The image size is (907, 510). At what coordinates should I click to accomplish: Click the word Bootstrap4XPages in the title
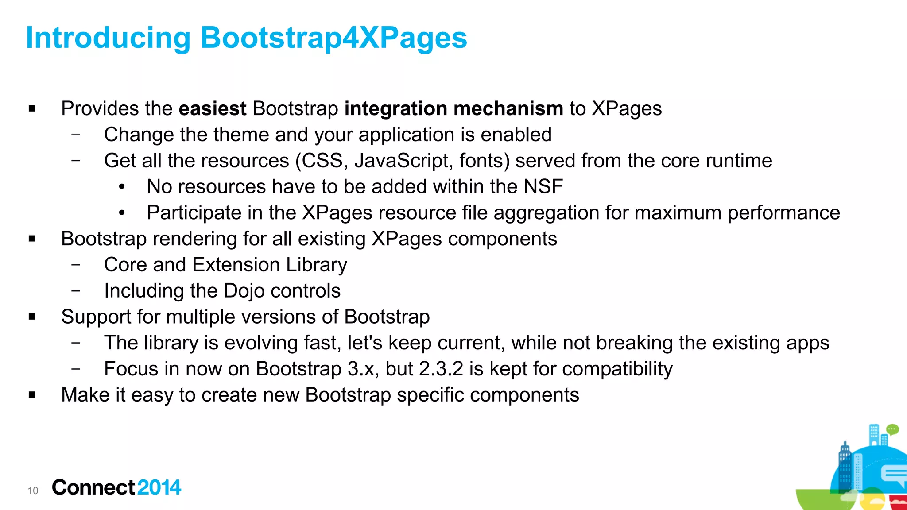[x=333, y=38]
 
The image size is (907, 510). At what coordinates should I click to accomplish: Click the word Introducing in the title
[x=108, y=38]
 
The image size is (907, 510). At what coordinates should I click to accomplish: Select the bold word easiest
[x=213, y=108]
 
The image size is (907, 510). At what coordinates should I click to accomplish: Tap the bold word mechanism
[x=508, y=108]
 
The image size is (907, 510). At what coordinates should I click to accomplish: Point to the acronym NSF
[x=543, y=187]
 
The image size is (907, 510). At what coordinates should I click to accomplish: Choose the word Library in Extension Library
[x=316, y=265]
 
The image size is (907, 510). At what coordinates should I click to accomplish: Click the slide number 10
[x=33, y=491]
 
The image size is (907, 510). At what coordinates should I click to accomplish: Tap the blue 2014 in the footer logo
[x=159, y=487]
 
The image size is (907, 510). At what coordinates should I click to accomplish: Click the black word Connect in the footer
[x=93, y=487]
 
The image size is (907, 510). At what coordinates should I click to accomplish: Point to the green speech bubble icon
[x=892, y=429]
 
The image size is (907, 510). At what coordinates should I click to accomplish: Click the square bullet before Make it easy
[x=32, y=395]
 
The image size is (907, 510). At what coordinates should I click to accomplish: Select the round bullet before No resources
[x=122, y=187]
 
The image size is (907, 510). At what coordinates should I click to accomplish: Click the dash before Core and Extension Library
[x=76, y=265]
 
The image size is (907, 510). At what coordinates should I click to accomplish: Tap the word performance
[x=783, y=213]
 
